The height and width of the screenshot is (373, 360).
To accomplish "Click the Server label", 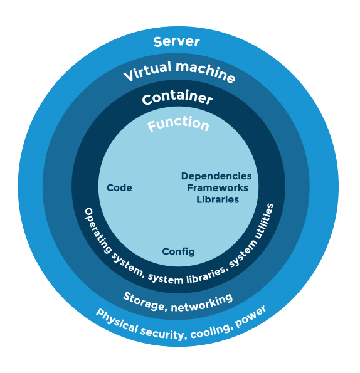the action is [176, 42].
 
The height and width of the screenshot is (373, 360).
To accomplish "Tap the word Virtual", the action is [147, 71].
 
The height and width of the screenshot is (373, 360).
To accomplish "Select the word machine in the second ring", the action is [206, 72].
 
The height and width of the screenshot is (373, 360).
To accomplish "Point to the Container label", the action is [177, 97].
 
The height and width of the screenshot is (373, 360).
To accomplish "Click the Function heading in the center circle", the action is [178, 123].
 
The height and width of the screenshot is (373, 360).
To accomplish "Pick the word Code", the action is [119, 188].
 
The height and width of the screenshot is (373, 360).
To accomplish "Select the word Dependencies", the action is [216, 176].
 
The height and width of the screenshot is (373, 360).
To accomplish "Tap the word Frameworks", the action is [218, 188].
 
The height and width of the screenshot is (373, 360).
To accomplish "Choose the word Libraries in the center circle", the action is [218, 199].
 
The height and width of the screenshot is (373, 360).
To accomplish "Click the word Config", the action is [178, 251].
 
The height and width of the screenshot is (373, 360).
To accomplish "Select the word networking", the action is [202, 303].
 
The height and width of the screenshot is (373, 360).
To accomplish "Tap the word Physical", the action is [117, 320].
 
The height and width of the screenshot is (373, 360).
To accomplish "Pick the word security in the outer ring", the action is [162, 333].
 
